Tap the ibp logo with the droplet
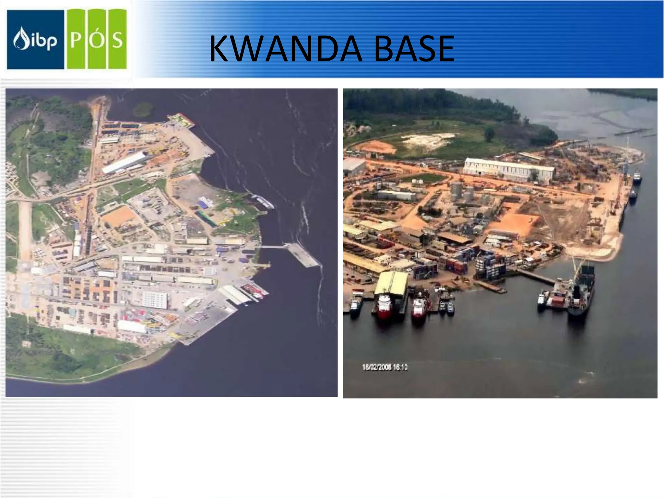[x=35, y=40]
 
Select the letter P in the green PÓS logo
[x=76, y=40]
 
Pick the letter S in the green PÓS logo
[x=117, y=40]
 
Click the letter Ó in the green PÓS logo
[x=97, y=39]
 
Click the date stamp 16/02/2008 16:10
[x=385, y=367]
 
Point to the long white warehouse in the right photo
[x=508, y=170]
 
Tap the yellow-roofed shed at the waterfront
[x=392, y=283]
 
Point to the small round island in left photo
[x=142, y=109]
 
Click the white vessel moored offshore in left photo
[x=263, y=201]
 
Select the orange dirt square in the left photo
[x=118, y=216]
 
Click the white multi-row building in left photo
[x=155, y=300]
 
